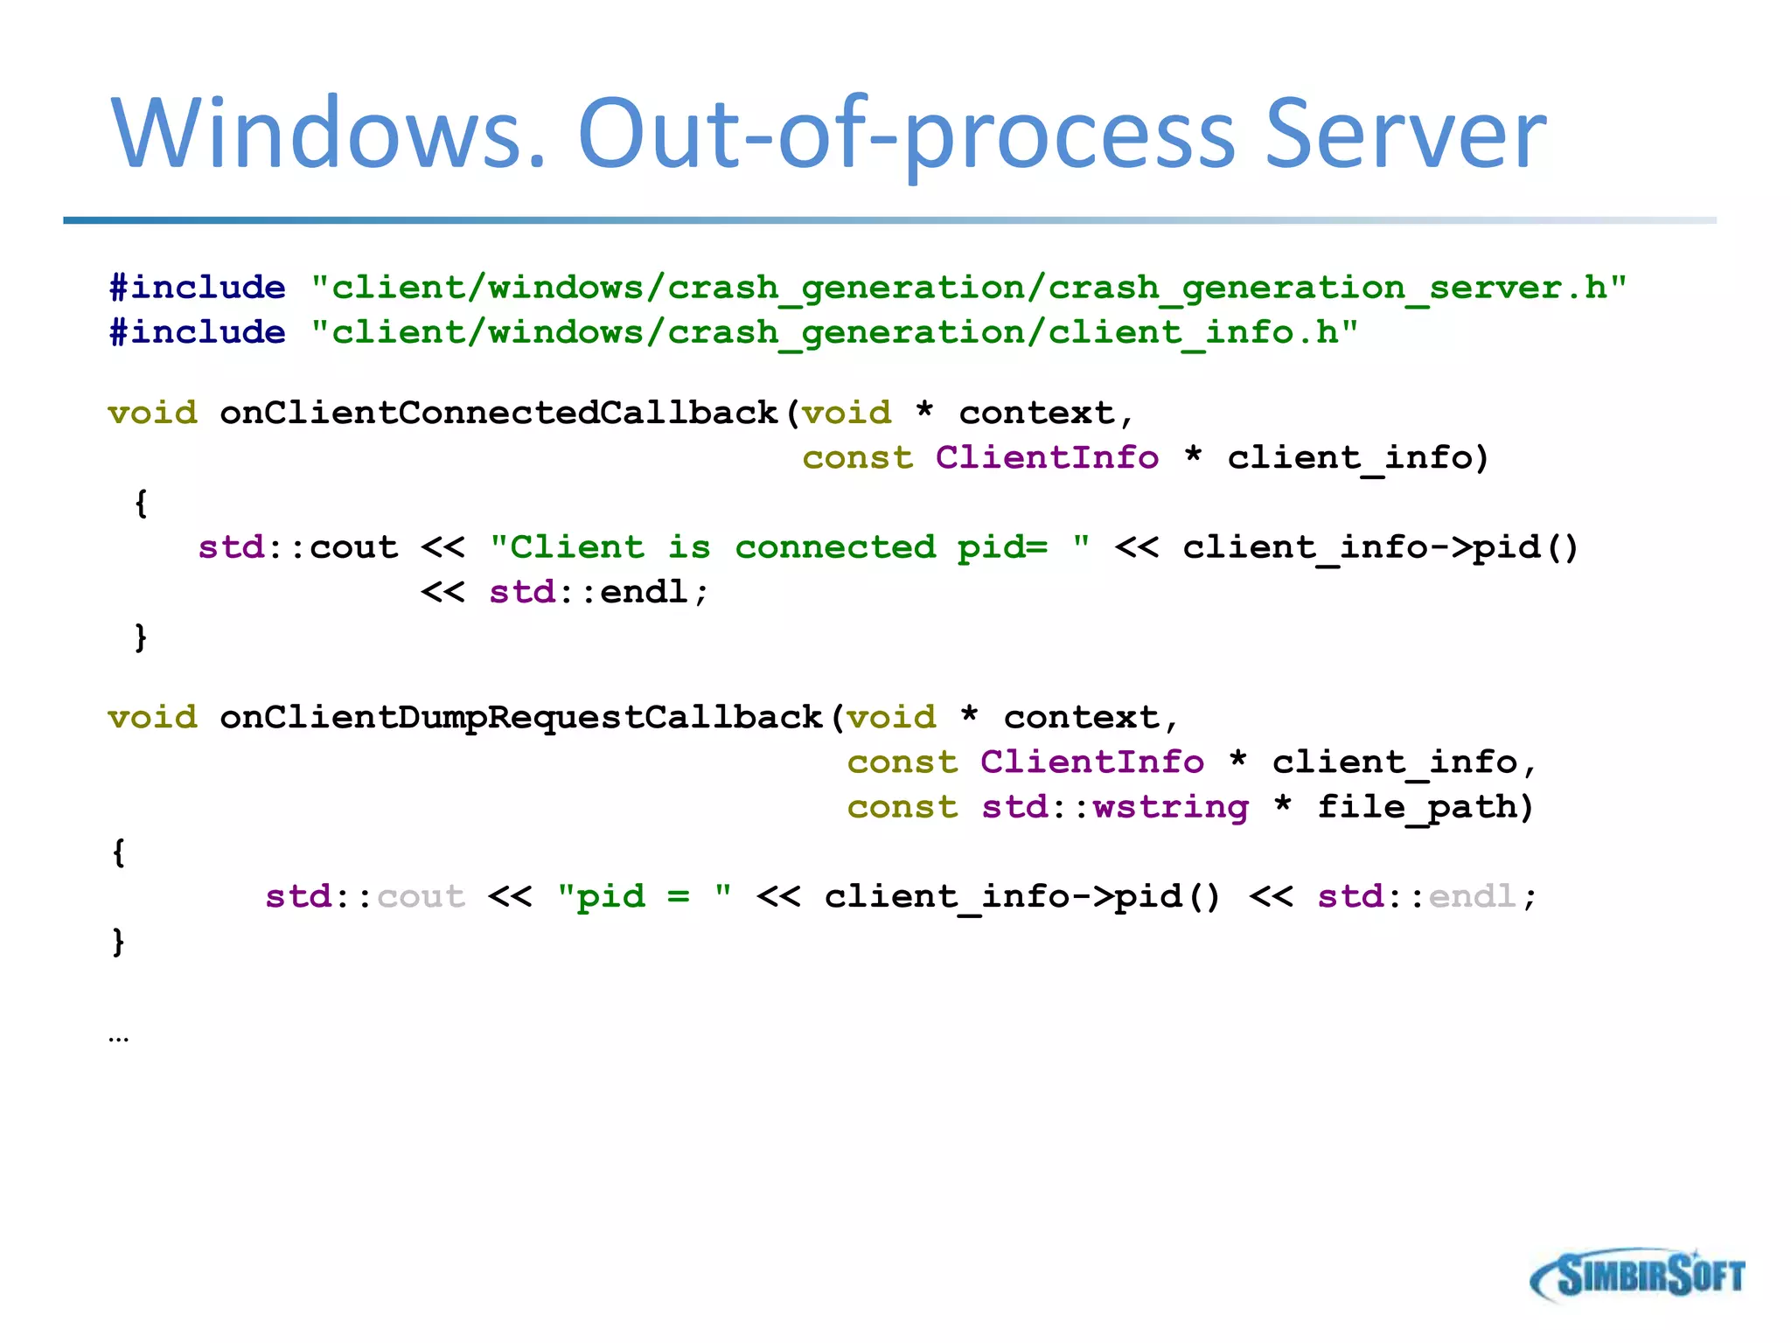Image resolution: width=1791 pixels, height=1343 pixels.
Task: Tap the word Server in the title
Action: (x=1405, y=133)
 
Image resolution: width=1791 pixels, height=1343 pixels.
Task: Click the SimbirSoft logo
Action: (x=1637, y=1276)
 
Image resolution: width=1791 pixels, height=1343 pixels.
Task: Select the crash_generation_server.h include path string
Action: (x=968, y=288)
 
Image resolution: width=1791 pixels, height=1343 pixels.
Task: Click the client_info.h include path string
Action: (x=834, y=332)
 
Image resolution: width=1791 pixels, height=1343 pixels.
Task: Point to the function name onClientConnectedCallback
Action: (x=498, y=413)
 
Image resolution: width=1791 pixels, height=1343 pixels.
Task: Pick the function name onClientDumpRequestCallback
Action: (x=520, y=717)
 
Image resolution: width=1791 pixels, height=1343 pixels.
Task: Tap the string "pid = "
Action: (x=645, y=896)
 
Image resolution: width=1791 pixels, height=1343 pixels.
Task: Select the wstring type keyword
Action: (x=1171, y=807)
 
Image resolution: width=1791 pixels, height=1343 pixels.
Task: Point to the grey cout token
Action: (x=422, y=896)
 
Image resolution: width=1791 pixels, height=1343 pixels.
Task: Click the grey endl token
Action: (x=1473, y=896)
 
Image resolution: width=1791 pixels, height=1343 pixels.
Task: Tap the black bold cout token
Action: (x=354, y=547)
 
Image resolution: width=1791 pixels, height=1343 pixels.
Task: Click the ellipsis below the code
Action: (x=119, y=1038)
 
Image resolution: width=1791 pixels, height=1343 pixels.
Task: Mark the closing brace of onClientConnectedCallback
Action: (x=141, y=637)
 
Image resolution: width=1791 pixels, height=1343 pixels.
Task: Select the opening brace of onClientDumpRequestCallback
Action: (x=119, y=852)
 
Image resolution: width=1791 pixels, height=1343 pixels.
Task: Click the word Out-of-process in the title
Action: (x=906, y=133)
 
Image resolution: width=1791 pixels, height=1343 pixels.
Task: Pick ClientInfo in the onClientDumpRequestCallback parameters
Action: (x=1091, y=762)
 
